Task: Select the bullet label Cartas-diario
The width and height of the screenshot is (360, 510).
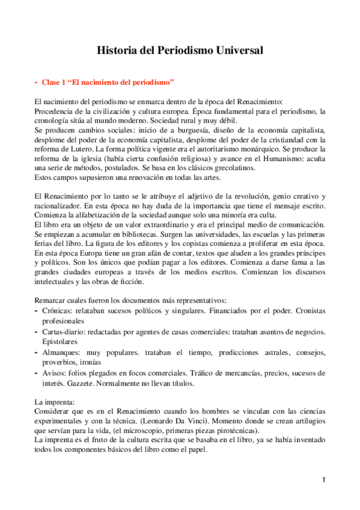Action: (67, 332)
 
